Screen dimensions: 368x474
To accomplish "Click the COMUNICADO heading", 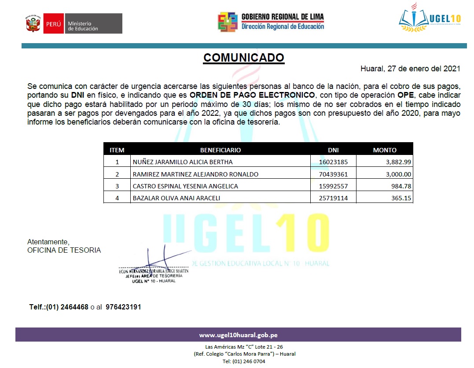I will click(x=243, y=58).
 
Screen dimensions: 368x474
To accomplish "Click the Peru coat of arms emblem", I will click(x=33, y=24).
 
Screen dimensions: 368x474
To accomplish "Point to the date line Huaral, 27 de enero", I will click(x=410, y=68).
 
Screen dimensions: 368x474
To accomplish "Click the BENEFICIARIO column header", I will click(x=220, y=150).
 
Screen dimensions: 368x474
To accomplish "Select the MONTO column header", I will click(x=385, y=150).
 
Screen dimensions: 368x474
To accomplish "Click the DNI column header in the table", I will click(x=333, y=150).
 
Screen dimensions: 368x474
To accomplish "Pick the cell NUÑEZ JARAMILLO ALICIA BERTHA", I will click(x=183, y=162).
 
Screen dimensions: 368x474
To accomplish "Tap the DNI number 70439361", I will click(x=333, y=174).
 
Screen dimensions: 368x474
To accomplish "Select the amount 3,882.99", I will click(x=398, y=162).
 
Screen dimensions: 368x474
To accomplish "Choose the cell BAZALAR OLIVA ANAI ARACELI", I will click(x=176, y=198).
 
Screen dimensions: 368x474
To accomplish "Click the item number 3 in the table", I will click(x=117, y=186).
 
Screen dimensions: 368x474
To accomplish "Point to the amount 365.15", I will click(x=401, y=198).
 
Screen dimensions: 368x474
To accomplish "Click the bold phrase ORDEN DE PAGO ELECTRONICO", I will click(x=253, y=95).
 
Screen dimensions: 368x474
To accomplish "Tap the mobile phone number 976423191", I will click(x=123, y=307).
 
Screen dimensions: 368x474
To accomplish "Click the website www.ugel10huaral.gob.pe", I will click(x=238, y=335).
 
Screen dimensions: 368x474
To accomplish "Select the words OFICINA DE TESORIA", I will click(x=64, y=250).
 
